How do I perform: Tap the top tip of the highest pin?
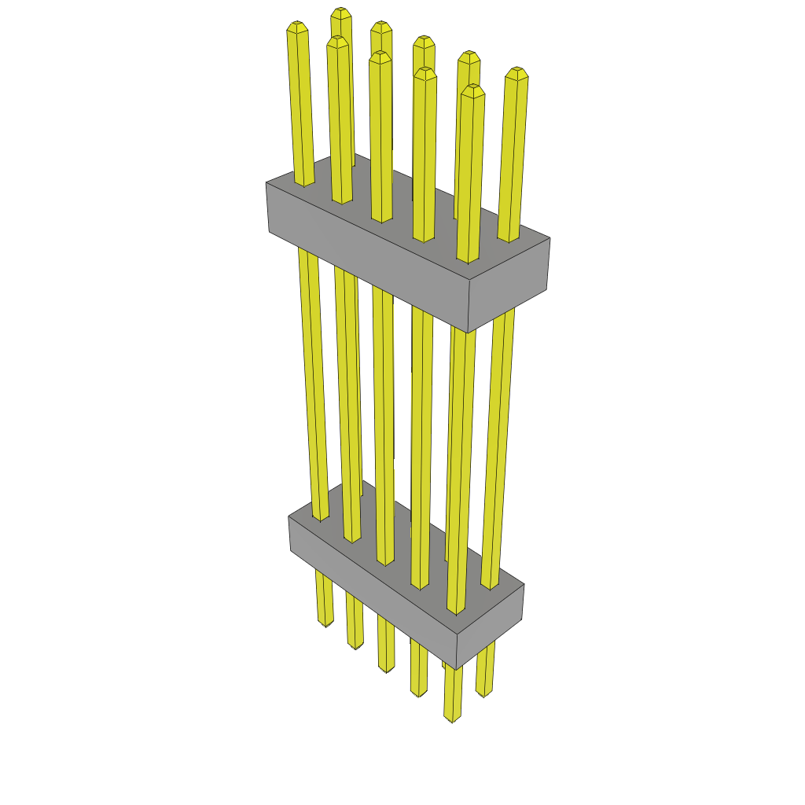point(340,11)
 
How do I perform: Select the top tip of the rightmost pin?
point(516,72)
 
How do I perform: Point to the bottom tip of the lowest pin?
point(452,719)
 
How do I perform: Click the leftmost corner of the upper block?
point(266,183)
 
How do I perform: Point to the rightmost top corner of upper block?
point(550,238)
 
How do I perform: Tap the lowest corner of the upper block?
point(468,333)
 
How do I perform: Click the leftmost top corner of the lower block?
point(289,517)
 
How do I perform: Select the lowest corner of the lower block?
point(458,670)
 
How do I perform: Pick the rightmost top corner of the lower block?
point(524,584)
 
